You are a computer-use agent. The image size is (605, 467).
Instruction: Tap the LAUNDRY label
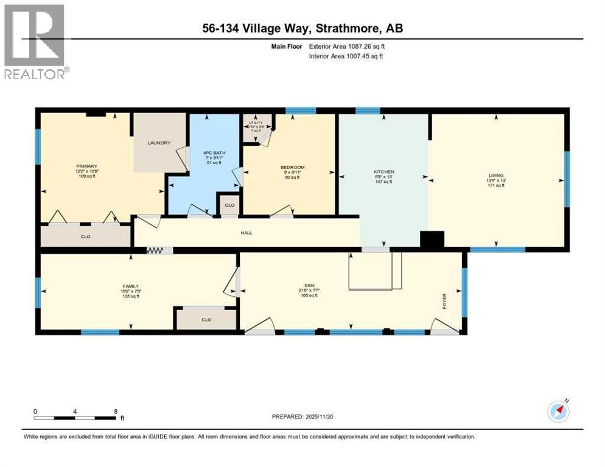(158, 143)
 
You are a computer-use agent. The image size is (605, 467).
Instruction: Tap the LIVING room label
(496, 175)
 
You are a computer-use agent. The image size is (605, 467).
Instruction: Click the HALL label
(247, 232)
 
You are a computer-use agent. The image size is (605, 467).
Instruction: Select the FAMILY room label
(130, 286)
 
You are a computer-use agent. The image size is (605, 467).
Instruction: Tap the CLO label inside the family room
(206, 319)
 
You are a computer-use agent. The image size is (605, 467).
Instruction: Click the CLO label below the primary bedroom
(85, 236)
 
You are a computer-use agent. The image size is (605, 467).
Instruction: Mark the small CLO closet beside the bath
(229, 205)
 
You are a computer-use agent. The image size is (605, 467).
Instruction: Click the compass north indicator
(559, 411)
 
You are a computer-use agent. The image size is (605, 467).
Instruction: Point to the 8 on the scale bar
(115, 411)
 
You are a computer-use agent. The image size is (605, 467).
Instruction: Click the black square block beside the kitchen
(433, 240)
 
